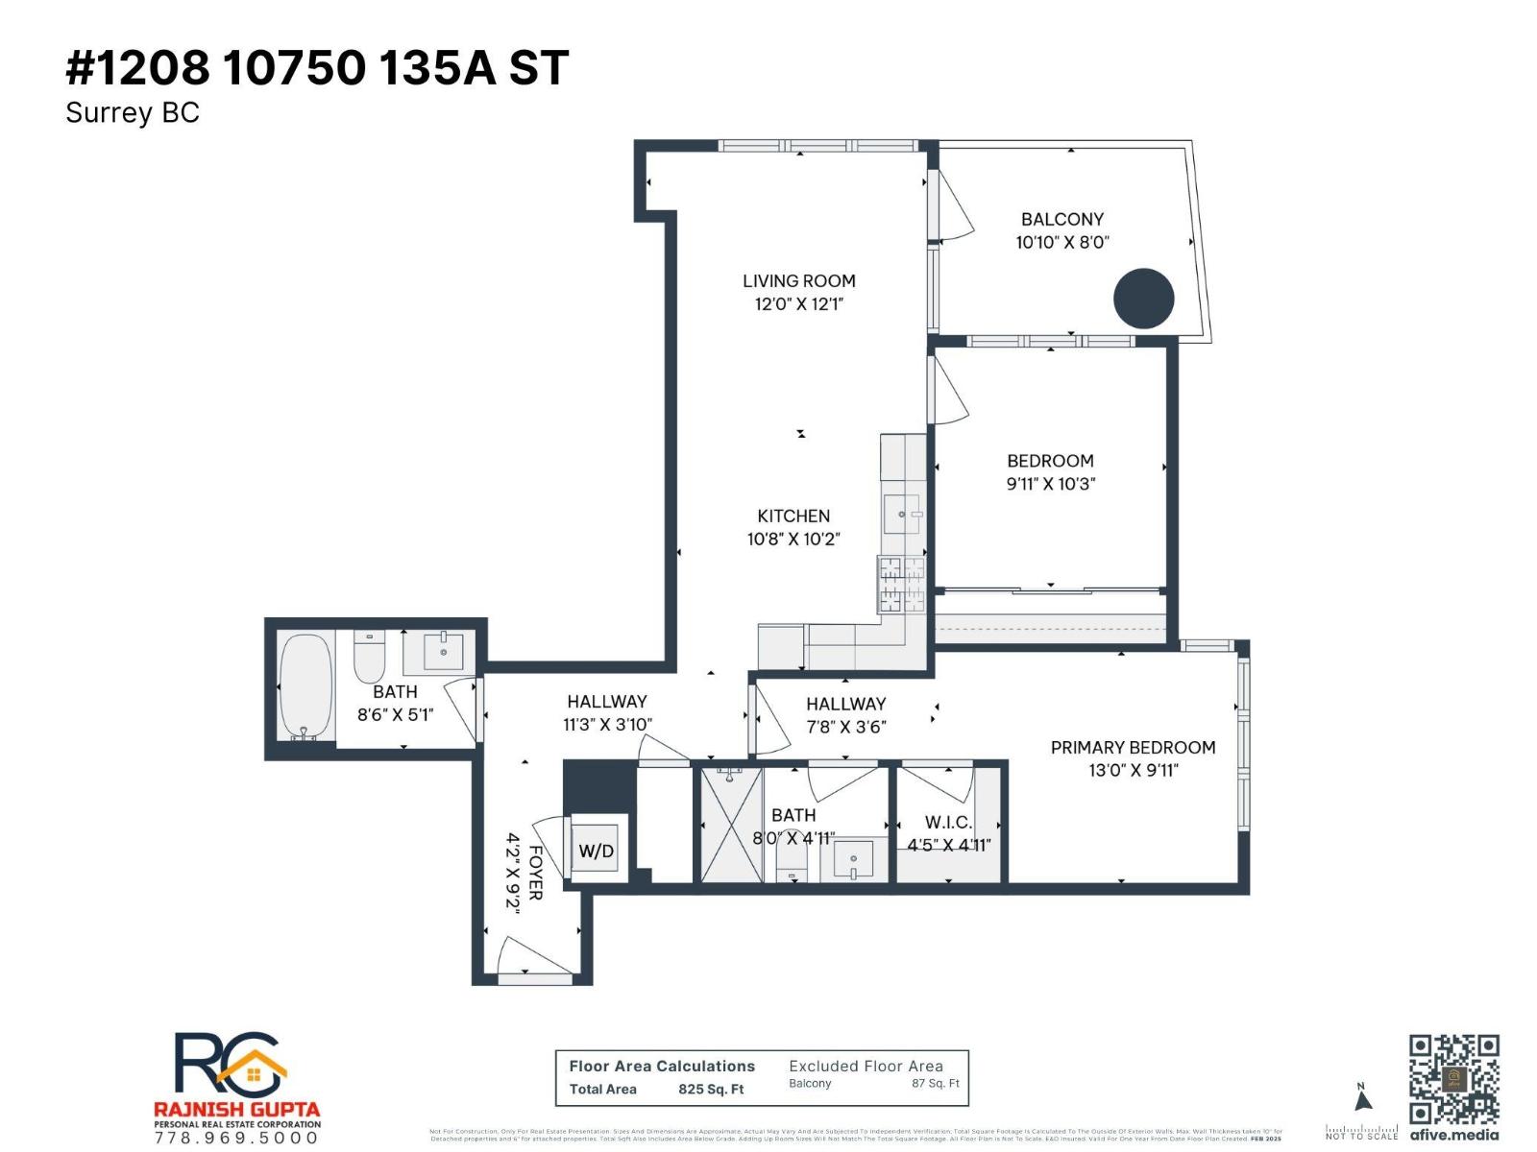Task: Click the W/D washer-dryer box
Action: point(597,851)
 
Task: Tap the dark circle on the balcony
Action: point(1143,299)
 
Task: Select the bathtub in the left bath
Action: point(306,686)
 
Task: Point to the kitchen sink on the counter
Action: point(901,515)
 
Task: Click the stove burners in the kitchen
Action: point(901,585)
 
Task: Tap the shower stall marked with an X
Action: point(731,825)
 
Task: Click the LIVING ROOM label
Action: point(798,281)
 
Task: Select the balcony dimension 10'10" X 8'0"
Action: point(1061,243)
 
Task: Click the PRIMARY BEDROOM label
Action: point(1133,747)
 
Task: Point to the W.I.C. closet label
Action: point(948,823)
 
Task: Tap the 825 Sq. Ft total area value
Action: point(711,1089)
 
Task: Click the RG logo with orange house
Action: point(231,1066)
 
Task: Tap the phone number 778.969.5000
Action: point(236,1138)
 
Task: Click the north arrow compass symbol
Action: point(1361,1099)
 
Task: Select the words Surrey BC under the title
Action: point(133,113)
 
